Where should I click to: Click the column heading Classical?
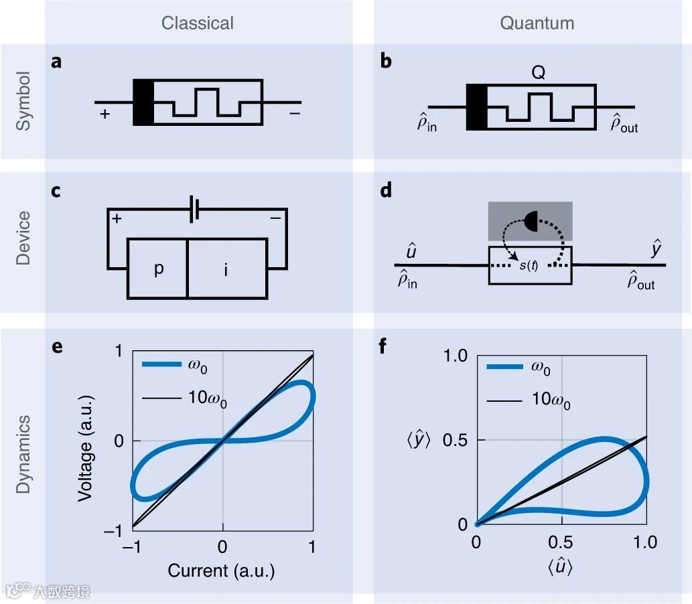[198, 23]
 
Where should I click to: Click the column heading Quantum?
[537, 23]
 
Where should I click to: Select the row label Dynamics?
[23, 454]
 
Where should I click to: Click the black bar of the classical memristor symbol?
[143, 102]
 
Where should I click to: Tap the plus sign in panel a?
[105, 114]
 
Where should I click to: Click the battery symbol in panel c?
[195, 209]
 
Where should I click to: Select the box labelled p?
[157, 268]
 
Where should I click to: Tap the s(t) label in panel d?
[529, 267]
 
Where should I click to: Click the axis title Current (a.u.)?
[222, 571]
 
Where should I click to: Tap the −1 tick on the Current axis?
[133, 546]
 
